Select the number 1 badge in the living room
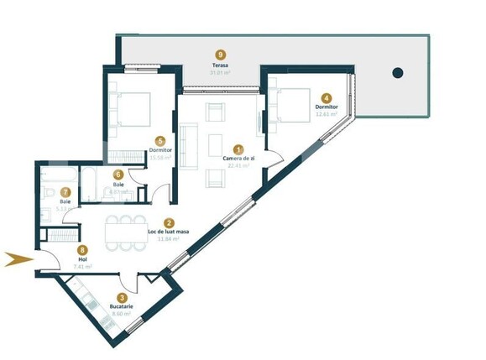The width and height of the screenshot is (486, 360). tap(238, 149)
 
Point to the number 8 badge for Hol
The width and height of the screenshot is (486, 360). tap(81, 249)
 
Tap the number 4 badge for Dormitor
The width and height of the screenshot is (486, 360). tap(327, 97)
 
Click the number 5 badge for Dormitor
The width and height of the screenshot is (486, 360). tap(159, 141)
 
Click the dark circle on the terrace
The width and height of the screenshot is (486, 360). tap(397, 72)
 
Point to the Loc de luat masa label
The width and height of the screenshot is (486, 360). tap(169, 232)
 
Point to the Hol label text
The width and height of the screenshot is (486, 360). tap(81, 259)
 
